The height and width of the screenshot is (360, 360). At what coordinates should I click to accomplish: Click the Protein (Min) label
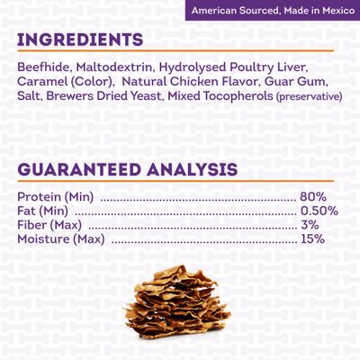tap(57, 198)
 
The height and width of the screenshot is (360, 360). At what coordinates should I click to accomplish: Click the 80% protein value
tap(313, 198)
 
